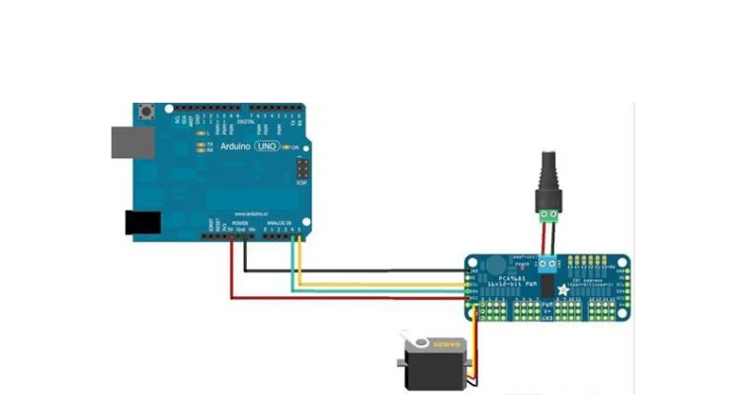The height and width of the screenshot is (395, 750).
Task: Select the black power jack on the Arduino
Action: pos(141,223)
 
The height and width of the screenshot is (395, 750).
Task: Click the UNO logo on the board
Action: pos(267,146)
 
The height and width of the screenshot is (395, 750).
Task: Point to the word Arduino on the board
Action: pos(234,146)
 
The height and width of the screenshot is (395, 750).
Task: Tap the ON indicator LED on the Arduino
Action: pos(287,147)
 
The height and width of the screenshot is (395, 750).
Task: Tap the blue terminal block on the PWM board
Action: pos(545,264)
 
